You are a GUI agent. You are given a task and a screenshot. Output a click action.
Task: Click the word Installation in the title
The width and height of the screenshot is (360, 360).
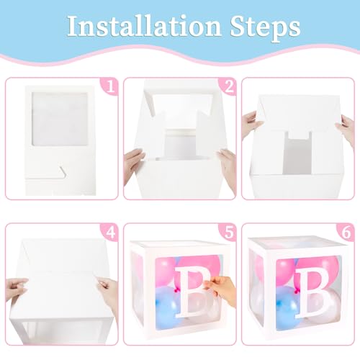coord(144,26)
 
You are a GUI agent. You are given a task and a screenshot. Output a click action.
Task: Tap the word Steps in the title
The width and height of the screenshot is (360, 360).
coord(265,28)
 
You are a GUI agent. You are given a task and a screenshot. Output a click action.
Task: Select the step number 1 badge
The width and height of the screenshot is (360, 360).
coord(110,86)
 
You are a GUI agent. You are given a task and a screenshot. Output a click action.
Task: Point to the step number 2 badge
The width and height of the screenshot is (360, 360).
coord(228,86)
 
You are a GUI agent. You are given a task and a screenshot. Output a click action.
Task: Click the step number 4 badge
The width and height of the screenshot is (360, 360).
coord(110,232)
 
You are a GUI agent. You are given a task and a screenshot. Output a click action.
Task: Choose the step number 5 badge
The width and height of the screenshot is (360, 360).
coord(228,232)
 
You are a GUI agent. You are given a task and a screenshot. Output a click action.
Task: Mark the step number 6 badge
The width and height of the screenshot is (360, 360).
coord(346,232)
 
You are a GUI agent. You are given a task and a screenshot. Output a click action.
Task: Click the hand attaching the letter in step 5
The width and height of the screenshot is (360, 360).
coord(221,290)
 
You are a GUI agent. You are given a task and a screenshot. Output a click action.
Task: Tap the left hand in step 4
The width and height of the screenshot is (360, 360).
coord(17,289)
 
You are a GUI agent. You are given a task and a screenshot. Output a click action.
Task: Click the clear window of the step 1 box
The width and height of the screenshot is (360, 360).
coord(60,119)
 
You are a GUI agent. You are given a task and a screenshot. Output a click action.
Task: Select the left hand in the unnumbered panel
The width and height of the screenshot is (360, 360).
coord(251,125)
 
